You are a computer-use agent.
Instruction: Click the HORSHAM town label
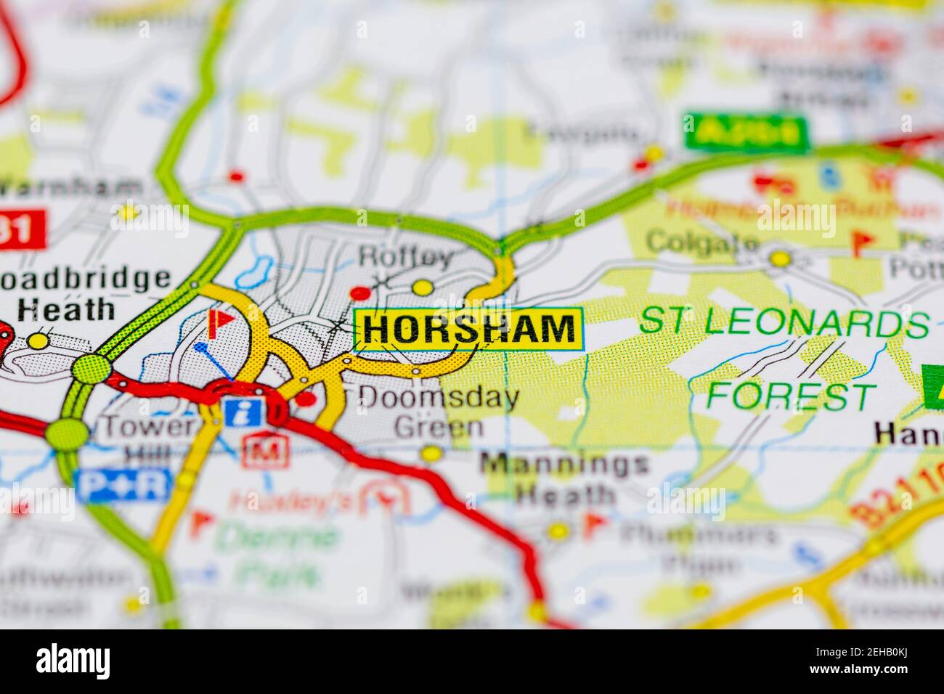pyautogui.click(x=468, y=329)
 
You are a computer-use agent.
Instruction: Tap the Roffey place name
pyautogui.click(x=406, y=256)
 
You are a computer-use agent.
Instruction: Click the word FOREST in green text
pyautogui.click(x=790, y=396)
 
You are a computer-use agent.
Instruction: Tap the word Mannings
pyautogui.click(x=565, y=464)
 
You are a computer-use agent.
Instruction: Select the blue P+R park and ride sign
pyautogui.click(x=124, y=485)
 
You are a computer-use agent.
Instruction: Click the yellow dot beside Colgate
pyautogui.click(x=779, y=258)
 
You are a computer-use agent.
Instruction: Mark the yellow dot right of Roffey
pyautogui.click(x=422, y=287)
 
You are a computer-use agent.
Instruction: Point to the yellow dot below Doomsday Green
pyautogui.click(x=431, y=454)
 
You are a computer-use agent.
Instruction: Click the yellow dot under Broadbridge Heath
pyautogui.click(x=38, y=340)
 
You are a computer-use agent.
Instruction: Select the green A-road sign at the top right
pyautogui.click(x=745, y=133)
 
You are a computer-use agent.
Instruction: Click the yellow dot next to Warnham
pyautogui.click(x=128, y=213)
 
